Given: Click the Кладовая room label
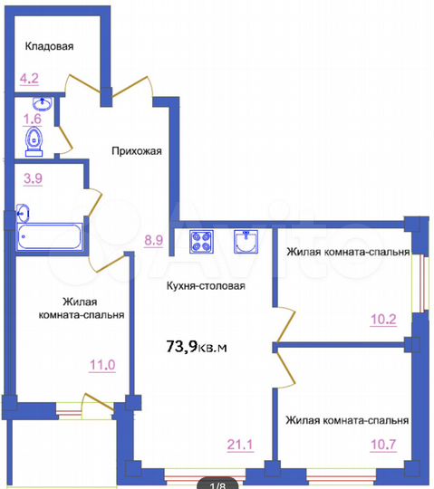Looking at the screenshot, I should click(50, 46).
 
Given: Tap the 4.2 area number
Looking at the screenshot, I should click(28, 78).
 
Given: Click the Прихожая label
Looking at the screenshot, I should click(137, 151).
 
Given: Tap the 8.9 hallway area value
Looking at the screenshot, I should click(153, 241).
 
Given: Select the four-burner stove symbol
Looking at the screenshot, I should click(201, 243).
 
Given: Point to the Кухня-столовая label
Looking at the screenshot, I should click(206, 286).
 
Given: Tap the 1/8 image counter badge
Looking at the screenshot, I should click(217, 483).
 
